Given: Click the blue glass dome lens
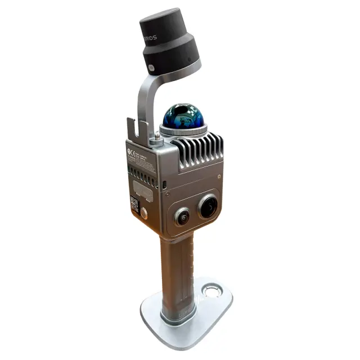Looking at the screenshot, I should click(183, 116).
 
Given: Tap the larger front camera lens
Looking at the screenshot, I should click(208, 207).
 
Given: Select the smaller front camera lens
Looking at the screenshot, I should click(182, 215).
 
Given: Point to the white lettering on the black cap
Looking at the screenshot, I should click(148, 37).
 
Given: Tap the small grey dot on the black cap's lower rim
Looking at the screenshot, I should click(151, 69).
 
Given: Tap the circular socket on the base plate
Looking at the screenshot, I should click(212, 291).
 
